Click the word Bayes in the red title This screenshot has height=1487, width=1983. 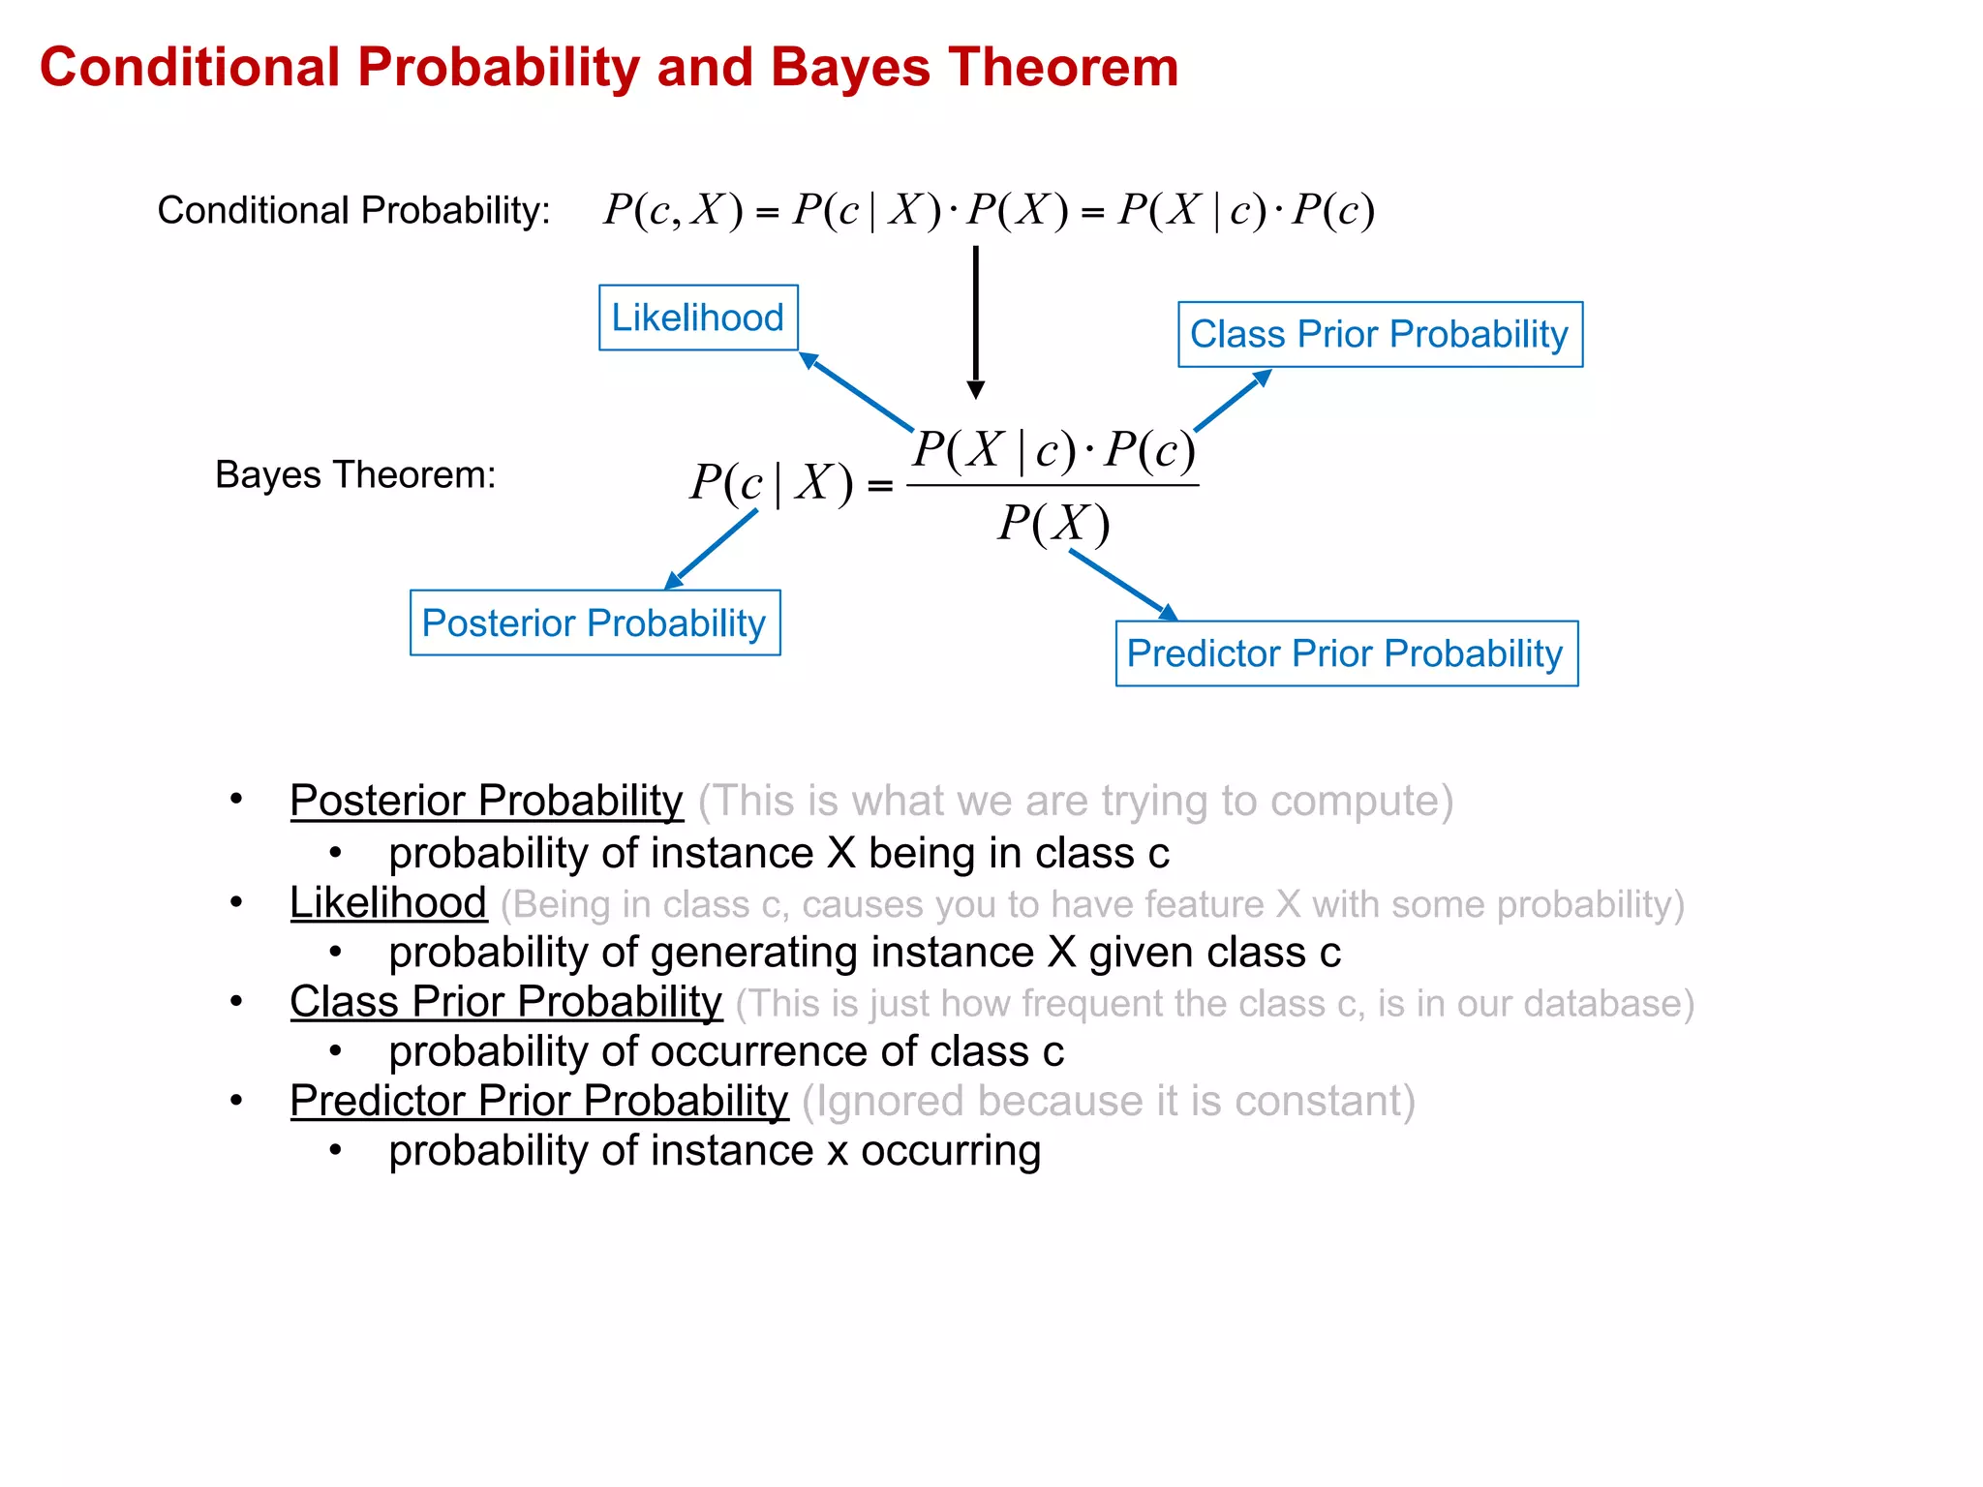[x=849, y=68]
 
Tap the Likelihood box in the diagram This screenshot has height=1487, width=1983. [x=698, y=318]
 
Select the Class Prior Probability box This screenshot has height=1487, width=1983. [x=1380, y=335]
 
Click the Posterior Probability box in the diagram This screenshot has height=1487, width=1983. [x=595, y=623]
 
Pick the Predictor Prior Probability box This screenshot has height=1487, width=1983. [x=1346, y=654]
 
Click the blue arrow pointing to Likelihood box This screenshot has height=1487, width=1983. [x=856, y=391]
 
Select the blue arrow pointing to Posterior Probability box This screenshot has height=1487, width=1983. [x=713, y=548]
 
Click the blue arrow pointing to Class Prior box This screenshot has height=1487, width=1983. [x=1232, y=401]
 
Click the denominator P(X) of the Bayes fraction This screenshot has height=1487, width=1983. [x=1053, y=524]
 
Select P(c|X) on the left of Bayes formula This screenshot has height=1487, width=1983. [x=772, y=482]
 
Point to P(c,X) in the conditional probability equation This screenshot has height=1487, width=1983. [x=673, y=210]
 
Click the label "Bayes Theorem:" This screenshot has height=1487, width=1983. [x=355, y=475]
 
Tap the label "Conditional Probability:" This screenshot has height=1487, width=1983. [x=353, y=210]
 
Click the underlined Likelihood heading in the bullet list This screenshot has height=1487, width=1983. [x=388, y=903]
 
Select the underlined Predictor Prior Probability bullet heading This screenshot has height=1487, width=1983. [x=539, y=1102]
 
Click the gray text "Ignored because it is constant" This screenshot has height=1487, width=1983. [x=1109, y=1102]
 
